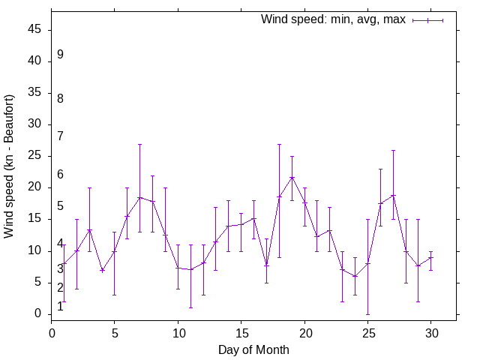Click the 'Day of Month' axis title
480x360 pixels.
253,349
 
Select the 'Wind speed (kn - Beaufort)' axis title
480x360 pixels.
9,166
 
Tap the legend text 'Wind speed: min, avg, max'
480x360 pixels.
333,19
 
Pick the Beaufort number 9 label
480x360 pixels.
60,55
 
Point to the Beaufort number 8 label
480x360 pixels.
60,98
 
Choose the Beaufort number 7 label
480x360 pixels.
60,136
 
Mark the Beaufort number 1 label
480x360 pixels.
60,306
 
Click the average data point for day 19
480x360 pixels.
292,178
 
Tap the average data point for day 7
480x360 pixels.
139,197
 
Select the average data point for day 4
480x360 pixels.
102,271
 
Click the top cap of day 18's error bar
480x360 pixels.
279,144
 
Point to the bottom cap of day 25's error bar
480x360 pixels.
368,314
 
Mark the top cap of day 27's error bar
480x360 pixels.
393,151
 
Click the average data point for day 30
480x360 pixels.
431,257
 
